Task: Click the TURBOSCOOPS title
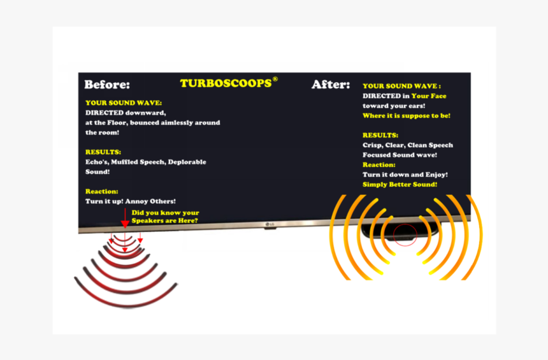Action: tap(226, 83)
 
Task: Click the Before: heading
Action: tap(107, 85)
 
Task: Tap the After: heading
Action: tap(331, 85)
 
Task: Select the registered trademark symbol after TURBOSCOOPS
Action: tap(275, 79)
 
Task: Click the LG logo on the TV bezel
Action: tap(270, 224)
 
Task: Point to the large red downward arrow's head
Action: tap(125, 224)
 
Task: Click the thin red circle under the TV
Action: tap(405, 235)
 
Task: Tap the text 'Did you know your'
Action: tap(165, 213)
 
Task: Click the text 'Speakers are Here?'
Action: tap(164, 220)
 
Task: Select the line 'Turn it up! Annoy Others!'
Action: tap(131, 201)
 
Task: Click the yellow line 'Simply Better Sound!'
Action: tap(400, 185)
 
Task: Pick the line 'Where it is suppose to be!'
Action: tap(407, 116)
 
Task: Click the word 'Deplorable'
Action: tap(187, 162)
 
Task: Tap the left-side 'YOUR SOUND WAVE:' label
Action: tap(124, 103)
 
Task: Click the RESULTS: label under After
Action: tap(380, 135)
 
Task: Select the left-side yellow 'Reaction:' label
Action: tap(102, 191)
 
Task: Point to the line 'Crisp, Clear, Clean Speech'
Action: tap(408, 145)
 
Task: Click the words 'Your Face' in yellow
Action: tap(429, 96)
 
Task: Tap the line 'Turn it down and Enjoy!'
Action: tap(405, 175)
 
